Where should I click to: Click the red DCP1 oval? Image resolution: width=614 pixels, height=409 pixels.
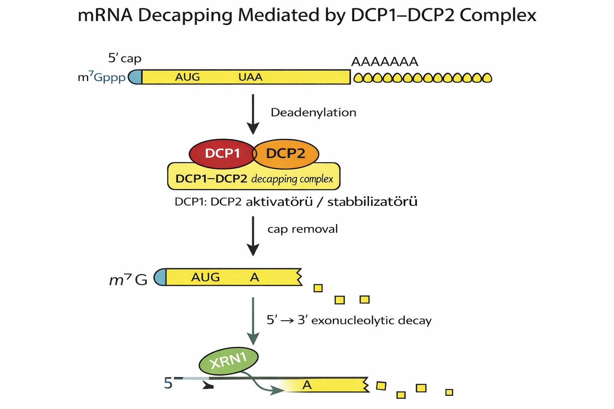[222, 154]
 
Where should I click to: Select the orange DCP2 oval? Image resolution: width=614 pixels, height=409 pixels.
[286, 154]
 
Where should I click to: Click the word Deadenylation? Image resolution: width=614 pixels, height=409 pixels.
[313, 113]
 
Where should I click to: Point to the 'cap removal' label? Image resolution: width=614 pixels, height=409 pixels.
[302, 229]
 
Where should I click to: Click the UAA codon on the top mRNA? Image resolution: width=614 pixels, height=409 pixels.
[250, 77]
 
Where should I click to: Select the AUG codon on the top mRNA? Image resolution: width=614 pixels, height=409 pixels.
[187, 77]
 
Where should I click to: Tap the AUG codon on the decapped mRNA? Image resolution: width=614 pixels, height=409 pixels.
[205, 277]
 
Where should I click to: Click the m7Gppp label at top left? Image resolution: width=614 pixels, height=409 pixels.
[102, 77]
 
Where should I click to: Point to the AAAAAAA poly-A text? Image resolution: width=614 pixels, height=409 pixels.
[385, 62]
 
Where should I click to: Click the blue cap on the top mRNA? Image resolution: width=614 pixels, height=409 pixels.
[135, 77]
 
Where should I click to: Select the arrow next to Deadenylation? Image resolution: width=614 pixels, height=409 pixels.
[253, 114]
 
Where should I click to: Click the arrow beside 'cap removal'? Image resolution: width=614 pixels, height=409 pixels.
[253, 236]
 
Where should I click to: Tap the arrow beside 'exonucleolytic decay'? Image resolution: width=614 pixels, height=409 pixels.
[253, 321]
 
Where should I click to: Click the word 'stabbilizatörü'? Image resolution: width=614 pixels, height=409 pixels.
[372, 202]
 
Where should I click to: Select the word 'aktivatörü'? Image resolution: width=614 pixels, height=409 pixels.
[279, 202]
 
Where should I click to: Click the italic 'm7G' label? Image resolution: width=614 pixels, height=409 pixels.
[128, 280]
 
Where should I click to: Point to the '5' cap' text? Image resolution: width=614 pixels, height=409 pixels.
[125, 58]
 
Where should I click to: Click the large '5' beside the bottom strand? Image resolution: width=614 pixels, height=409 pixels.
[168, 383]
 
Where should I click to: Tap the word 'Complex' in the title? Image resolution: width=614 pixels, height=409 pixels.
[498, 15]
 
